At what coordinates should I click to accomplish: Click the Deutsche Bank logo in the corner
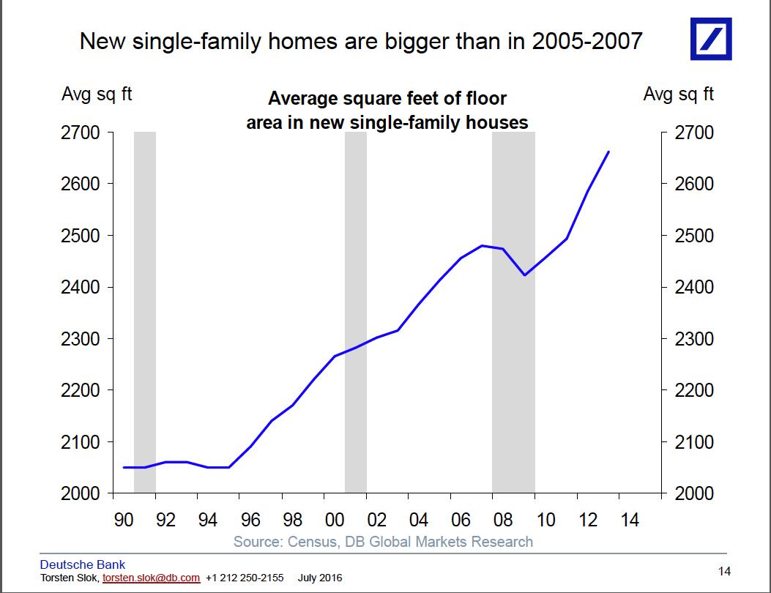(x=711, y=39)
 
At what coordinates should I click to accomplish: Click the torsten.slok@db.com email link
(x=151, y=578)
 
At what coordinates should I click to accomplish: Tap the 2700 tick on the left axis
(x=80, y=133)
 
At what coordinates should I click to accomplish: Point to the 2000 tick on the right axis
(x=694, y=493)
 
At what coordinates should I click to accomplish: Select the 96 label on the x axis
(x=250, y=520)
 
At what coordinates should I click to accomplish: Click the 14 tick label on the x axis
(x=630, y=520)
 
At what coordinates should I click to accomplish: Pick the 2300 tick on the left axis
(x=80, y=339)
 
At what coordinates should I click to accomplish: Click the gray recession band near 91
(x=145, y=312)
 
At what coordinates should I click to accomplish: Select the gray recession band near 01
(x=356, y=312)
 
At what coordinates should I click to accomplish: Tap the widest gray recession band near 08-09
(x=513, y=312)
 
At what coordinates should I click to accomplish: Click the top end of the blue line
(x=608, y=152)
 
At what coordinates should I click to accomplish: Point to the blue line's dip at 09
(x=525, y=275)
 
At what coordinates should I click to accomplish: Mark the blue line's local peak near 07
(x=482, y=245)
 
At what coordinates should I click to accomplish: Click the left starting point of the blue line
(x=124, y=467)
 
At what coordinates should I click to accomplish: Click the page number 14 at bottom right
(x=724, y=571)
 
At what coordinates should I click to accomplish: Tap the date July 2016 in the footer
(x=320, y=578)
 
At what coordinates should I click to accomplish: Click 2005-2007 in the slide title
(x=587, y=41)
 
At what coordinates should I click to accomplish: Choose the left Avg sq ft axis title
(x=97, y=94)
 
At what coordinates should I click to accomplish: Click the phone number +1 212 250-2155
(x=245, y=578)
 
